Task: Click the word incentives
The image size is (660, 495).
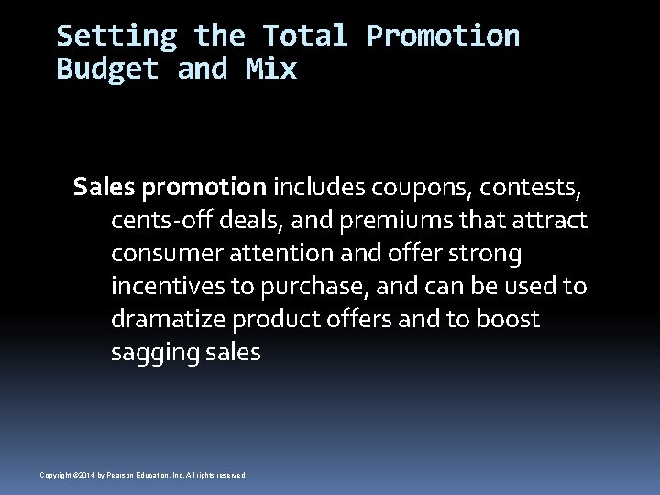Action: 168,286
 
